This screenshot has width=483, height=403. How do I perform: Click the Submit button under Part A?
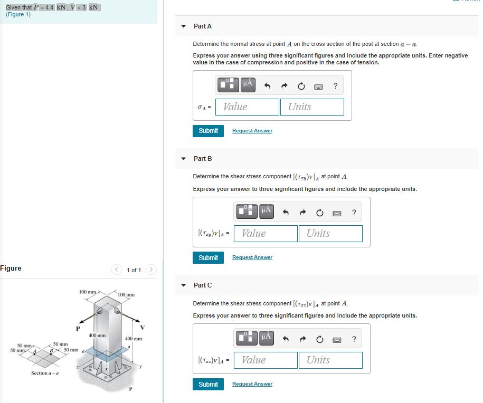pos(208,131)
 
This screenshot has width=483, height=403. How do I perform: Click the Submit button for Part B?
pos(208,257)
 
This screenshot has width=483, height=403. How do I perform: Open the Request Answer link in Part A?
pos(252,131)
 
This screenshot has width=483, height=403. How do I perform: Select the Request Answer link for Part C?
pos(252,384)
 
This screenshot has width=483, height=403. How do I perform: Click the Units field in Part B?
pos(330,233)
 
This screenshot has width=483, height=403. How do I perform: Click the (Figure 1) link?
pos(18,15)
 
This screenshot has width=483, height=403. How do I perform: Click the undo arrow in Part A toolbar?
pos(267,87)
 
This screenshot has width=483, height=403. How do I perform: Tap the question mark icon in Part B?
pos(354,213)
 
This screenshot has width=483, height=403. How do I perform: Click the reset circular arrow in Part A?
pos(301,87)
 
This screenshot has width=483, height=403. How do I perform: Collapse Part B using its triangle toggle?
pos(184,158)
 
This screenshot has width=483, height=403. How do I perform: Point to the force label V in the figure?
pos(142,328)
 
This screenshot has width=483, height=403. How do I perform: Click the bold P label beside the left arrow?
pos(78,328)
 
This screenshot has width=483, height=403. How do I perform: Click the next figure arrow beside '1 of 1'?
pos(150,270)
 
